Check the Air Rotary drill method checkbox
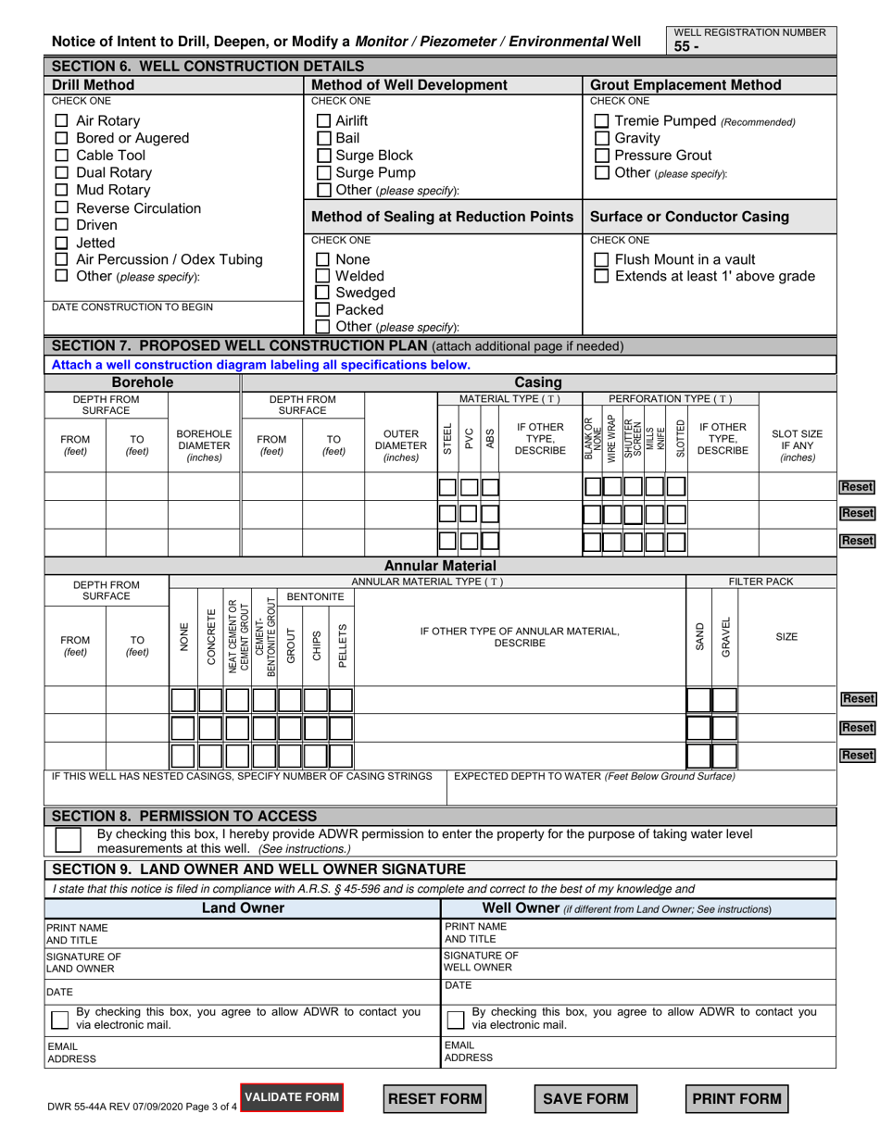coord(62,120)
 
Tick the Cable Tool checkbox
coord(62,156)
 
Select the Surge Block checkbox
coord(324,156)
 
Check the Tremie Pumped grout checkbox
coord(601,120)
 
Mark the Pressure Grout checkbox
coord(601,156)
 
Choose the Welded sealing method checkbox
coord(324,276)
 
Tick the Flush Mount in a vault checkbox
coord(601,259)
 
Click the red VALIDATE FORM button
coord(292,1097)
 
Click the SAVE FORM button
coord(585,1099)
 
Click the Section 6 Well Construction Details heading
coord(207,67)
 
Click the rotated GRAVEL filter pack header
coord(725,637)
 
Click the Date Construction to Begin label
coord(132,307)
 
